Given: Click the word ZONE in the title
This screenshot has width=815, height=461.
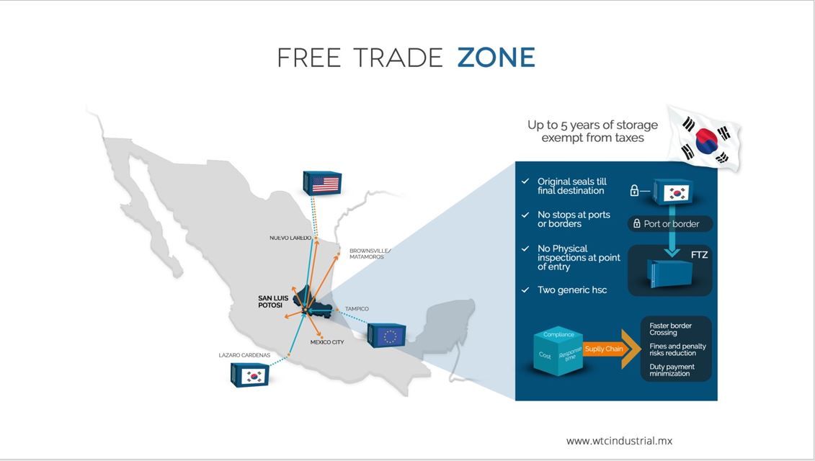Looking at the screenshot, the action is pos(496,58).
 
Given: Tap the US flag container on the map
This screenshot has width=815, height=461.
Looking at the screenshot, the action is pos(322,183).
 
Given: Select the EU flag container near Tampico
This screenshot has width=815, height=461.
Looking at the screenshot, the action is pos(387,335).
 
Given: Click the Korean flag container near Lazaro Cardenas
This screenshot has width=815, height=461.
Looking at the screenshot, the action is pos(250,375).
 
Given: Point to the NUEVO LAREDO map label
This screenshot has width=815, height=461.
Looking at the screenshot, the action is pos(290,238).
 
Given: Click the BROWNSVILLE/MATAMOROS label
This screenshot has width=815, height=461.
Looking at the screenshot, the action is pos(370,254).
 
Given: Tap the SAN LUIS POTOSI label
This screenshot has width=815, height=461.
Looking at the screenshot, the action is pos(273,301).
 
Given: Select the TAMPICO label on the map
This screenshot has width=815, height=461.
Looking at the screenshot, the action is pos(357,309).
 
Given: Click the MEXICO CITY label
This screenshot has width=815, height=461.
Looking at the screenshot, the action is pos(327,342).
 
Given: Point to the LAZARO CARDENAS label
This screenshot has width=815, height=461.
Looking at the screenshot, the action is pos(244,355).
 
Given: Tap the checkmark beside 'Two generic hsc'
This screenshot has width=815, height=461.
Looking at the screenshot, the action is pos(525,290).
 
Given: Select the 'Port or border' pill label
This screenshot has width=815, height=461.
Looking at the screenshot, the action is pos(670,224).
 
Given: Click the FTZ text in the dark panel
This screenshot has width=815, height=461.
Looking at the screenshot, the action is pos(699,255).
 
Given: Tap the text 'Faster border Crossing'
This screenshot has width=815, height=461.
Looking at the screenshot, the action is pos(670,329).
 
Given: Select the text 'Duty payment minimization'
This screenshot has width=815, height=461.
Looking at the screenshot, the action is pos(672,370).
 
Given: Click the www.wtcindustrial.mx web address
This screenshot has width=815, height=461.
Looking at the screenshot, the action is pos(619,441).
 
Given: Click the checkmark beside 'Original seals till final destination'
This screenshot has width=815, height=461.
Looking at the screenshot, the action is pos(525,181).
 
